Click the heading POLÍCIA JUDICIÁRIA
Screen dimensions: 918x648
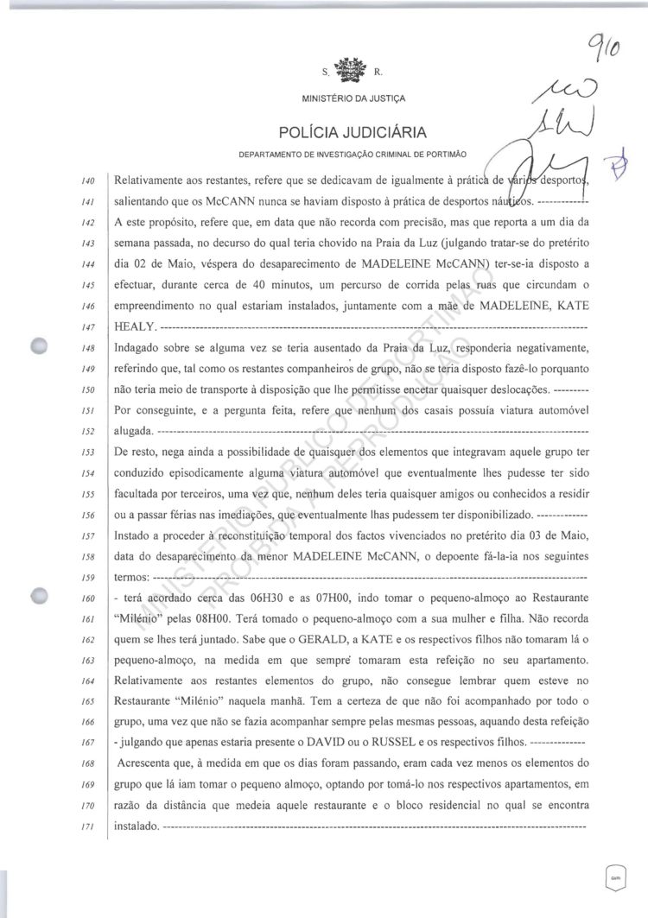[324, 132]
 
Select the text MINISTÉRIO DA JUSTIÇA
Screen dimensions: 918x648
[324, 97]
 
